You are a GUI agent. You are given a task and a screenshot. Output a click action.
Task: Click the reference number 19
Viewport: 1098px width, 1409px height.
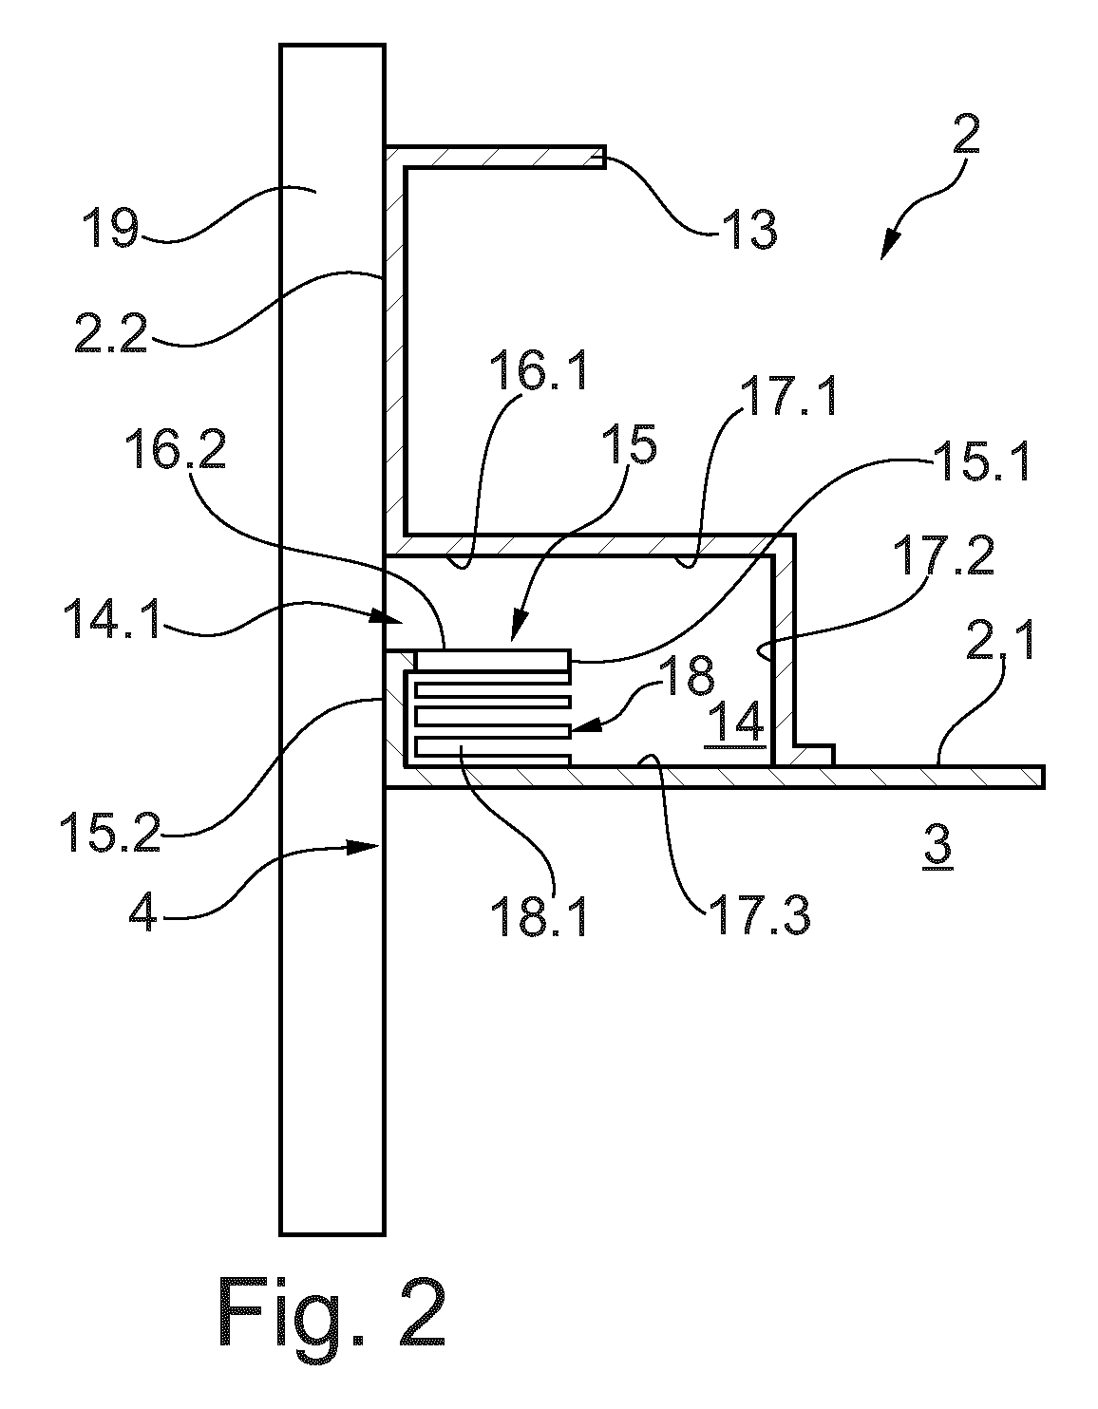110,228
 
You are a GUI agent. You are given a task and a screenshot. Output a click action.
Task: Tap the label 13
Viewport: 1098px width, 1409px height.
751,230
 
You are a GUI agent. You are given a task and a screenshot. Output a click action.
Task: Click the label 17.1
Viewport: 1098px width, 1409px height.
790,396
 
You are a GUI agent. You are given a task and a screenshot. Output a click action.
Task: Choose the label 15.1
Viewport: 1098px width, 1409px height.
980,461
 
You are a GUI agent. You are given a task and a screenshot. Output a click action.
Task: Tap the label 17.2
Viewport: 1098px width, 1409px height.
943,555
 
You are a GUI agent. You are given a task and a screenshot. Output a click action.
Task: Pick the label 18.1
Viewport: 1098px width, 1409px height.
539,917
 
